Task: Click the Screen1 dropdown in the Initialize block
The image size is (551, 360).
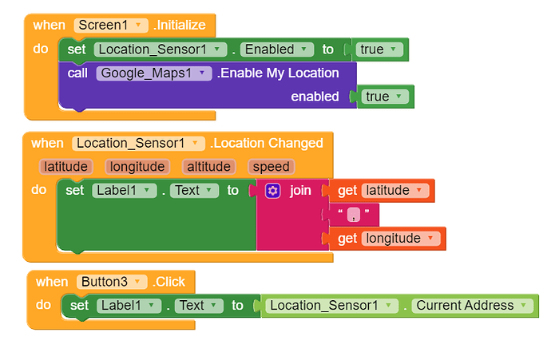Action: pos(111,26)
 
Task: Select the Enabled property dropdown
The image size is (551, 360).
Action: pos(277,49)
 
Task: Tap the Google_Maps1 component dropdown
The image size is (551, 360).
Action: pos(154,73)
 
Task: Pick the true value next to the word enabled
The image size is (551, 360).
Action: pos(384,97)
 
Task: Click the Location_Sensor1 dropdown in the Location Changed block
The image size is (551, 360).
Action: pos(138,144)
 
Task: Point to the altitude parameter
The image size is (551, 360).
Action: pos(208,167)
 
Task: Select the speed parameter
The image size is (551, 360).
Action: pos(271,167)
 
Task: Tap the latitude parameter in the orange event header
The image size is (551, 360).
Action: pos(65,167)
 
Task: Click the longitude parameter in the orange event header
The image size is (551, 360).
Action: pos(137,167)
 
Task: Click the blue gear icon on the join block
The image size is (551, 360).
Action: pos(272,191)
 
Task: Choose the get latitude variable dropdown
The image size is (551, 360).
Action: pos(395,191)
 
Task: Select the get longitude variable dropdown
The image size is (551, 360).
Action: pos(401,239)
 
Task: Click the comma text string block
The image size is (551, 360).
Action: pos(354,214)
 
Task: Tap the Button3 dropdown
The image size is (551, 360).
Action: pos(112,282)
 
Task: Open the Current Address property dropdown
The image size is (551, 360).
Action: pos(473,306)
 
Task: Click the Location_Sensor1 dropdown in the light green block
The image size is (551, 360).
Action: pos(331,306)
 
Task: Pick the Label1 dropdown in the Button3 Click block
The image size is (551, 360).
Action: pos(129,306)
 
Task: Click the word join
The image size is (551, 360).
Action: pos(300,190)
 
